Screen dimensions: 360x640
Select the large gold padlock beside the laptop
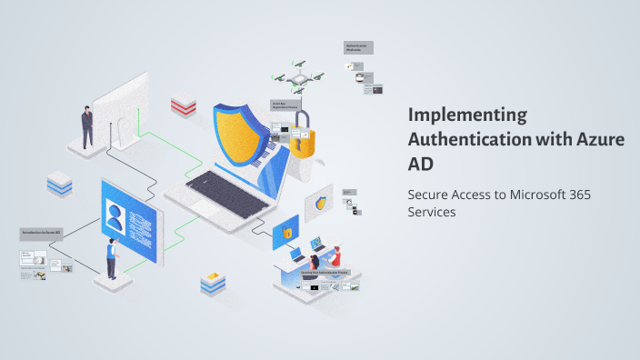[x=302, y=135]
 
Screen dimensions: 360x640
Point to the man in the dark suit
[x=87, y=126]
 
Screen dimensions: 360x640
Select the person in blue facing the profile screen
[x=111, y=257]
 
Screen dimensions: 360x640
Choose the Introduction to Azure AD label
[x=41, y=233]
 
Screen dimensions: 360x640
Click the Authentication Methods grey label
[x=358, y=47]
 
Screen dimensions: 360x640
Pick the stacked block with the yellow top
[x=212, y=283]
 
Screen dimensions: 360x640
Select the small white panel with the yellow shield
[x=320, y=203]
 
